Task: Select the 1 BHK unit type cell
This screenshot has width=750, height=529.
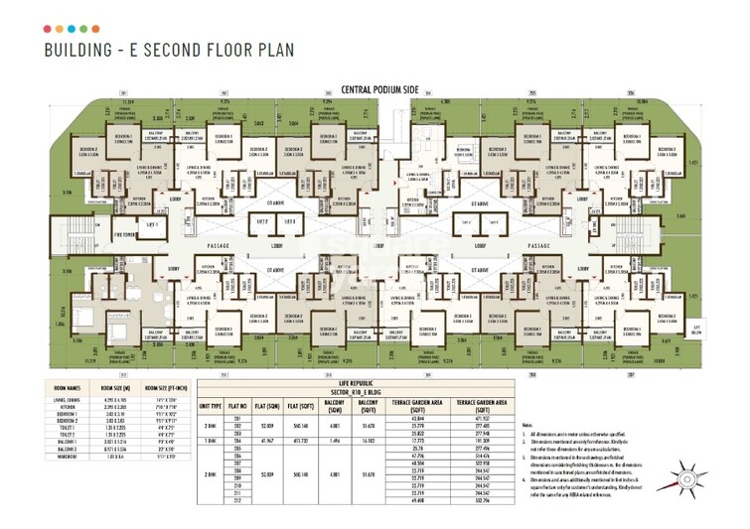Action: [x=211, y=440]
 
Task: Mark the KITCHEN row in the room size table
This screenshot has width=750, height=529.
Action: [x=66, y=405]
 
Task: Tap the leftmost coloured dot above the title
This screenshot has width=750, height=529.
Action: [x=49, y=29]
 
